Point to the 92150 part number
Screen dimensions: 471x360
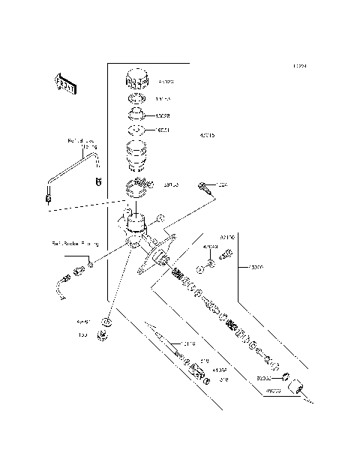click(227, 237)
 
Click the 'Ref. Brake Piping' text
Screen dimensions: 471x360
click(75, 243)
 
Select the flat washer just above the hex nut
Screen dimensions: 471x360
click(107, 322)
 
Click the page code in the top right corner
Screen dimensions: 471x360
click(300, 66)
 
